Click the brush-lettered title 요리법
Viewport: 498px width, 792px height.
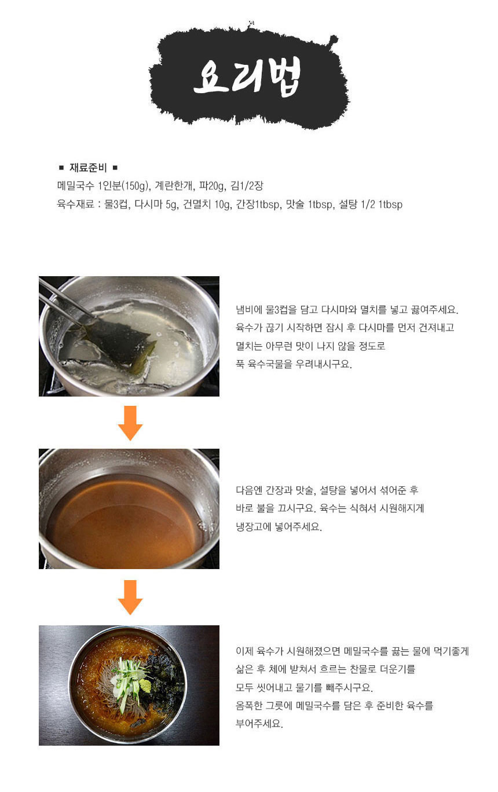coord(247,78)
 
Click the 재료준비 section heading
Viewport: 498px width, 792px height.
coord(88,167)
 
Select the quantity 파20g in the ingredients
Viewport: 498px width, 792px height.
coord(212,186)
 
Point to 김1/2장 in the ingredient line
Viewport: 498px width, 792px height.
coord(247,186)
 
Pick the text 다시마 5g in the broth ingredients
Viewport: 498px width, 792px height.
coord(156,204)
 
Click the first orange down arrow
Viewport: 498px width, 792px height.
coord(130,423)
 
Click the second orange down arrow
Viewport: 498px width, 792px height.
coord(130,597)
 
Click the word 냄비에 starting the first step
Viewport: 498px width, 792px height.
coord(249,310)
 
